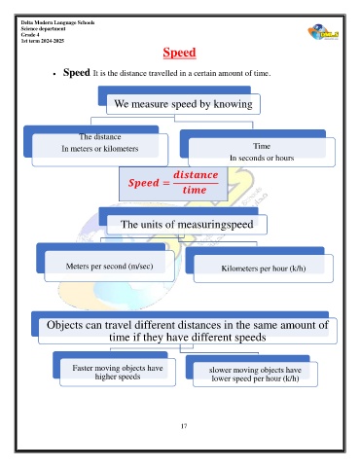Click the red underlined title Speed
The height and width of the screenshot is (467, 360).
[179, 53]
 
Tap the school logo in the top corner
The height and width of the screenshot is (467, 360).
[323, 32]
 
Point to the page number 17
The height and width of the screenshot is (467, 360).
[184, 426]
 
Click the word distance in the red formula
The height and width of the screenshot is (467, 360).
[196, 175]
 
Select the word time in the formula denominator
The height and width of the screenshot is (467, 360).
[195, 190]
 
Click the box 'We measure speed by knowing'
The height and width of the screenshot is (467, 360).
[183, 104]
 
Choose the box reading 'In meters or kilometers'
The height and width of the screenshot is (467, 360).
[100, 150]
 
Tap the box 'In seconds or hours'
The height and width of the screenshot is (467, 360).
[262, 152]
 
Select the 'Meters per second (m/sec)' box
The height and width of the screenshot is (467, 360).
[109, 267]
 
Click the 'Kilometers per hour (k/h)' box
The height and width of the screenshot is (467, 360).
[264, 269]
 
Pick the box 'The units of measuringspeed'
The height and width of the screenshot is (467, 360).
[187, 225]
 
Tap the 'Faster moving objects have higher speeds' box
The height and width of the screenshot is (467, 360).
[118, 373]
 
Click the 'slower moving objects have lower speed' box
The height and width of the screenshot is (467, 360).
[255, 375]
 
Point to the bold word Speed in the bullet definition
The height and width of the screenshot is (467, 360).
[77, 72]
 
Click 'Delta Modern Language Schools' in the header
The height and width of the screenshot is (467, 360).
[57, 22]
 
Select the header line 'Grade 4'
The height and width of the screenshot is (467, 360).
[30, 35]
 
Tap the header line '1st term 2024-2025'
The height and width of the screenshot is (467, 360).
[43, 41]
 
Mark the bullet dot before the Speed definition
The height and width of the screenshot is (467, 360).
[54, 74]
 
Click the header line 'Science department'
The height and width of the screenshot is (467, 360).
[43, 28]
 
